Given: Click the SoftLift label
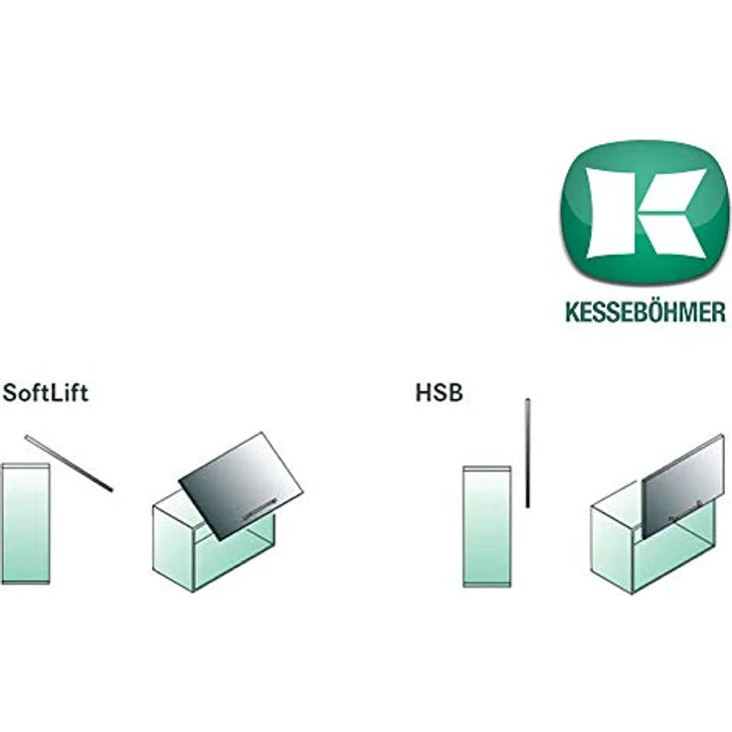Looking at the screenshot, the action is (x=46, y=394).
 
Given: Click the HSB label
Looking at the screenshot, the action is (x=440, y=394).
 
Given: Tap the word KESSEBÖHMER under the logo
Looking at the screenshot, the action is (x=645, y=311).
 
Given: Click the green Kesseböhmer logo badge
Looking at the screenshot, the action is (x=645, y=213).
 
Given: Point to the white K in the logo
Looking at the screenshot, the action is (x=646, y=214).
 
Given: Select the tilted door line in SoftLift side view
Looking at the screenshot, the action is (x=69, y=463).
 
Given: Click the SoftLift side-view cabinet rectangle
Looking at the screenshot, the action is (x=26, y=523).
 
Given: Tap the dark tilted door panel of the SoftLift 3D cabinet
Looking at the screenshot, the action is (x=242, y=485).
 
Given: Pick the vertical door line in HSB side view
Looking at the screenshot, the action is (x=527, y=453).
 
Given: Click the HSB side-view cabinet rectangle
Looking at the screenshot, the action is (x=487, y=526).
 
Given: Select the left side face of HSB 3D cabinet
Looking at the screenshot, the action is (x=612, y=550).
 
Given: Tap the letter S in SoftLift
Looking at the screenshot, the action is (x=10, y=394).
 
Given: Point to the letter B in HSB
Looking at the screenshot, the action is (x=456, y=394).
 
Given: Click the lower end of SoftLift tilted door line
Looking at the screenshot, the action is (x=111, y=489).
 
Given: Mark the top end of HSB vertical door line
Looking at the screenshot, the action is (x=527, y=399).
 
